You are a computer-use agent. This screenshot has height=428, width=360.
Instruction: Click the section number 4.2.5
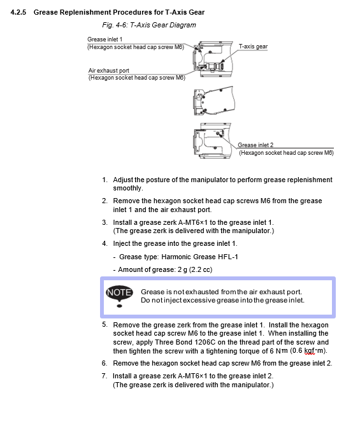point(18,12)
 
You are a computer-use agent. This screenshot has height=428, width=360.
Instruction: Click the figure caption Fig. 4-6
point(115,25)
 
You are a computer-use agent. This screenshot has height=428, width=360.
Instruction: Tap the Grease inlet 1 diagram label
point(105,39)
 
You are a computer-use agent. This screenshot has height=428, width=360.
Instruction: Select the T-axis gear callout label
point(253,46)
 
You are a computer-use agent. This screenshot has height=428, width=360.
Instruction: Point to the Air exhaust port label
point(109,71)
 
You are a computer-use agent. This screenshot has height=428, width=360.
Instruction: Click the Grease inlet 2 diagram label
point(256,145)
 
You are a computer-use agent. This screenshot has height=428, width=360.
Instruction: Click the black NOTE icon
point(119,296)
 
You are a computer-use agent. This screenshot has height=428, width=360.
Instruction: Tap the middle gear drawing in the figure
point(214,101)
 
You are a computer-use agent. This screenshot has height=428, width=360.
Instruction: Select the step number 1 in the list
point(104,180)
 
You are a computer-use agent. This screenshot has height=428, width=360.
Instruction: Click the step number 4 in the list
point(104,243)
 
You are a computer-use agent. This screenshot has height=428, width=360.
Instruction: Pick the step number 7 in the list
point(104,376)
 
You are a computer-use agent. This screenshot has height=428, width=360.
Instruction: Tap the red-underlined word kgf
point(310,351)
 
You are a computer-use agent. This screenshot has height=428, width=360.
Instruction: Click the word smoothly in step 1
point(128,189)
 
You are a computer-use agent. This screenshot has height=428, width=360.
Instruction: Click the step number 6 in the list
point(104,363)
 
